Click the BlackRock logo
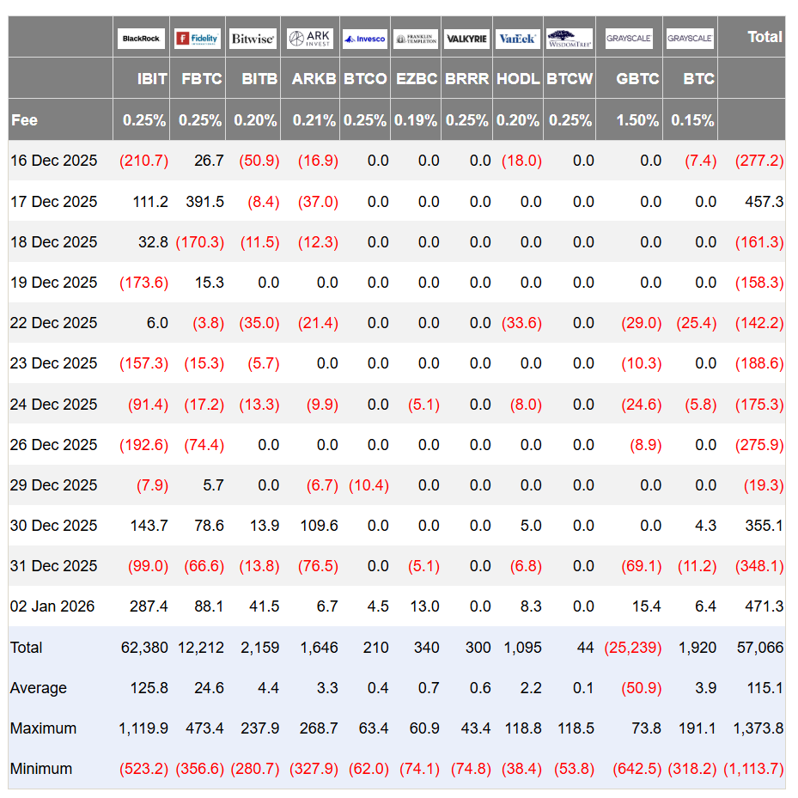point(141,39)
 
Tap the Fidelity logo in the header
point(198,39)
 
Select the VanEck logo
point(517,39)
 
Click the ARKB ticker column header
point(314,79)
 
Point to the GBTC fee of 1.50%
point(637,120)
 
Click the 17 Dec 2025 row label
point(53,202)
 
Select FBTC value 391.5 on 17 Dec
point(204,202)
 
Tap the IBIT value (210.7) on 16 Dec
point(143,161)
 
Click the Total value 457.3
point(764,202)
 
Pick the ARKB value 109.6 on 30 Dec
point(319,525)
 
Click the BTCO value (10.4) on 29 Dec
point(369,485)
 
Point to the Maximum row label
point(43,728)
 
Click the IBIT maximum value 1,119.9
point(143,728)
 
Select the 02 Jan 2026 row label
point(52,606)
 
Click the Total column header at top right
point(764,37)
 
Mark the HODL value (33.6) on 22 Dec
point(521,323)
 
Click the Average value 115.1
point(764,687)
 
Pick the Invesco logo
point(364,39)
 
